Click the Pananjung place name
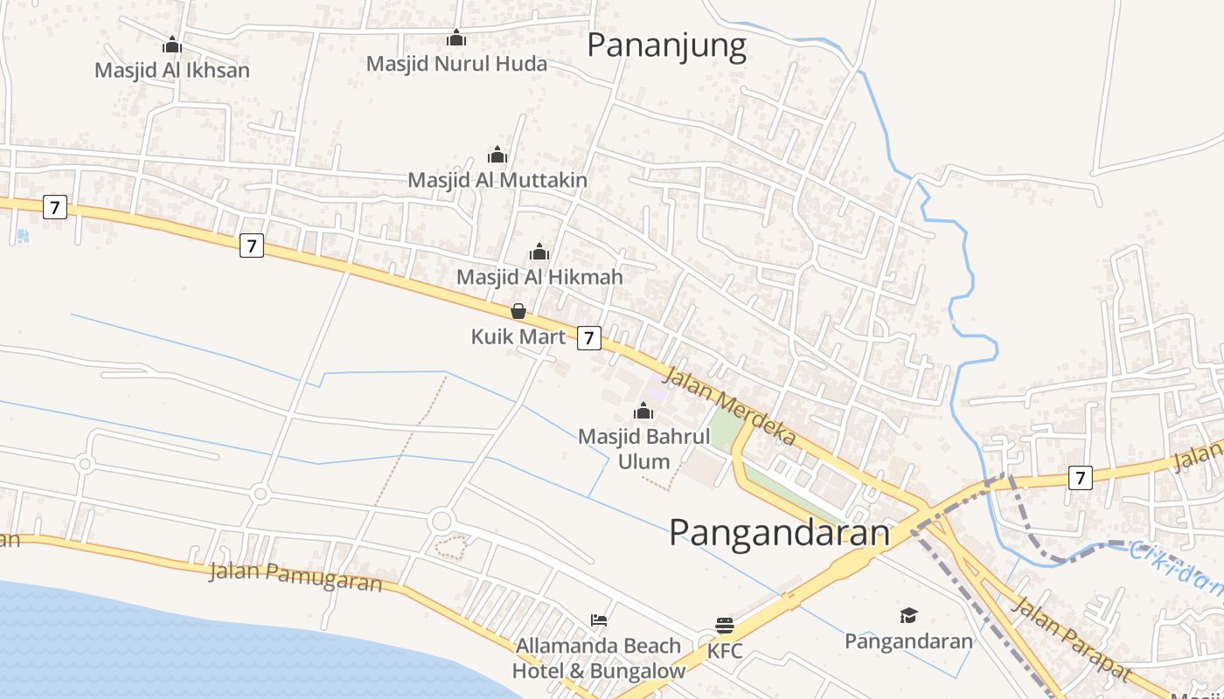click(x=666, y=45)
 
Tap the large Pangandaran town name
click(x=779, y=533)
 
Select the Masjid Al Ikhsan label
click(x=172, y=71)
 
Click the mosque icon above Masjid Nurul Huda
click(x=456, y=38)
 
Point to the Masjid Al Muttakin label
click(x=497, y=180)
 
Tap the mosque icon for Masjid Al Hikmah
click(x=539, y=253)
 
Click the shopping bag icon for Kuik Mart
click(x=518, y=311)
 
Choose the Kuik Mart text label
click(x=518, y=336)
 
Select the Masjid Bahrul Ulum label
click(x=644, y=448)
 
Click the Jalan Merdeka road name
click(x=730, y=406)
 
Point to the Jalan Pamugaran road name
click(x=296, y=577)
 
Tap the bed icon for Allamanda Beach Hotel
click(x=599, y=620)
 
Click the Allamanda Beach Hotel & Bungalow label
click(x=599, y=658)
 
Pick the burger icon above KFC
click(x=724, y=626)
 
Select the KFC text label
click(x=724, y=651)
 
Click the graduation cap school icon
click(x=908, y=616)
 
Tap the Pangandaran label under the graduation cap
click(x=908, y=641)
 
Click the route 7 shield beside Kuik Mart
click(x=589, y=338)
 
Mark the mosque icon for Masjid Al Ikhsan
click(x=172, y=45)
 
